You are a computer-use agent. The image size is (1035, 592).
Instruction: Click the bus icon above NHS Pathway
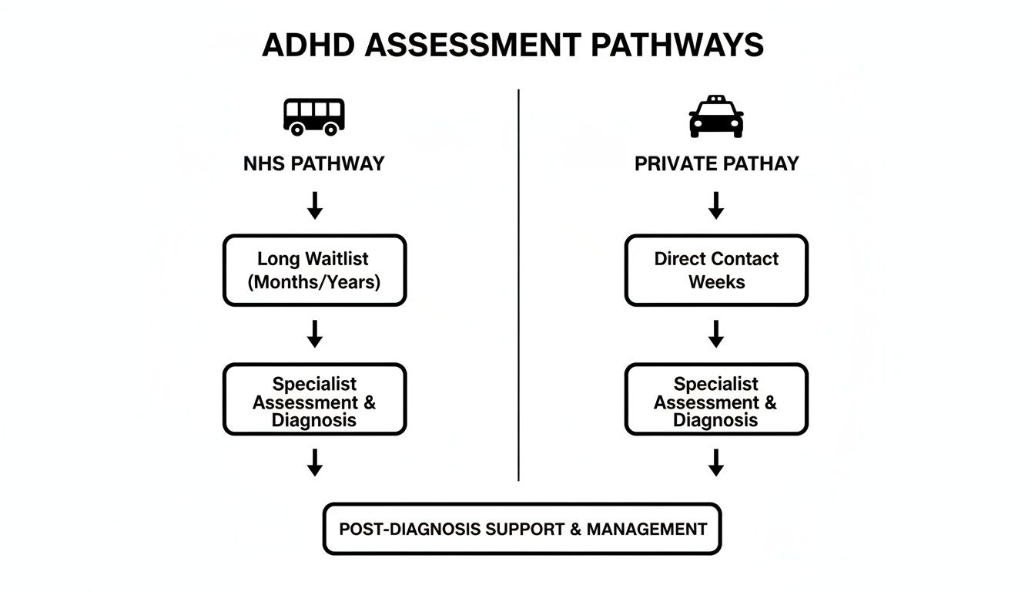(314, 116)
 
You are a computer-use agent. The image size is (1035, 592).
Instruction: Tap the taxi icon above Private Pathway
(716, 116)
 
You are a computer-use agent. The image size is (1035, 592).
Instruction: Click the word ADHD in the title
(308, 45)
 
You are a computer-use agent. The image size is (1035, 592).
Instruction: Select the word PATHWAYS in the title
(678, 45)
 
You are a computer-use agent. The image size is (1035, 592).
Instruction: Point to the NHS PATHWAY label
(314, 163)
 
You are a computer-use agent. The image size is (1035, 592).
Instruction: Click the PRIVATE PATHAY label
(716, 163)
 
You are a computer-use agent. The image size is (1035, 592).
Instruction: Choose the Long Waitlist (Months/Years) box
(314, 271)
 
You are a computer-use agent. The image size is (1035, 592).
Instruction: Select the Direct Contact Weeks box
(716, 271)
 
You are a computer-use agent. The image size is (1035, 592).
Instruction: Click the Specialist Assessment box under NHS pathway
(314, 399)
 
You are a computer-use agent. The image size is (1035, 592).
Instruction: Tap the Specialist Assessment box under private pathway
(716, 399)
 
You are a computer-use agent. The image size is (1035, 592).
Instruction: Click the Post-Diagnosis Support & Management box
(522, 529)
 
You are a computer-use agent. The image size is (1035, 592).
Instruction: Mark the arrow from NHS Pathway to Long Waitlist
(314, 205)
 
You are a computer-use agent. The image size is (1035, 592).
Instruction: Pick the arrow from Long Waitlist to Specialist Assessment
(314, 334)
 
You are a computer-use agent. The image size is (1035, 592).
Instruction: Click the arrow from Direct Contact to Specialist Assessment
(716, 334)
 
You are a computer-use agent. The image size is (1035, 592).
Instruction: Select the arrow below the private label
(716, 205)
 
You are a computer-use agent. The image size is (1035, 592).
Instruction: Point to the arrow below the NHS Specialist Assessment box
(314, 462)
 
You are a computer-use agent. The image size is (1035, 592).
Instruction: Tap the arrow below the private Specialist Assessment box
(716, 462)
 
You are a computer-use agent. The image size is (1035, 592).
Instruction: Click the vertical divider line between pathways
(518, 285)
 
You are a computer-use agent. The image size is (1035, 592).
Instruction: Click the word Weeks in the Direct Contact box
(716, 282)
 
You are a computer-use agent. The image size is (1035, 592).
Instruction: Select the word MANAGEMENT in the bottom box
(647, 530)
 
